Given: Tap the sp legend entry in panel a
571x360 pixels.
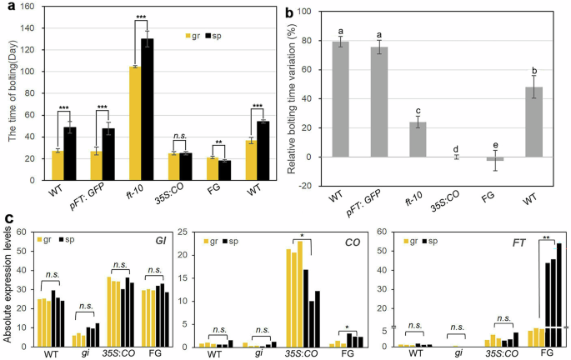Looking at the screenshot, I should click(x=221, y=37).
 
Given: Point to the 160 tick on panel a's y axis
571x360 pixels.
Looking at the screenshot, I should click(x=34, y=7).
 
